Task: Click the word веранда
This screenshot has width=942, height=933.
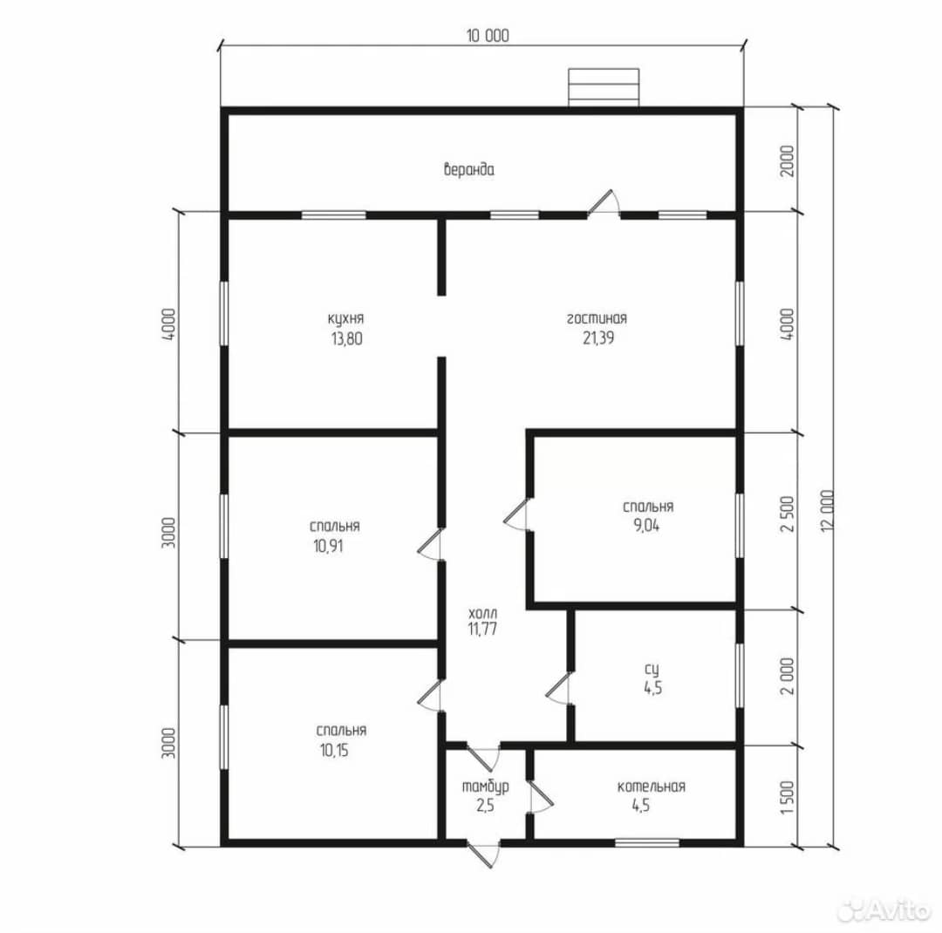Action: [x=469, y=169]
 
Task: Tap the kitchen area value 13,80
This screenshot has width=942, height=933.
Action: [x=346, y=339]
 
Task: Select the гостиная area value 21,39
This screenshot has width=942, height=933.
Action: [x=597, y=337]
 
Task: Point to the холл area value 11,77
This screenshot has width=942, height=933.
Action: [x=482, y=629]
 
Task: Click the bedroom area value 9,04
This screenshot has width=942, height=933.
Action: [x=645, y=526]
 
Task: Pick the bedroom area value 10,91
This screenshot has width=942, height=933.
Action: [x=328, y=546]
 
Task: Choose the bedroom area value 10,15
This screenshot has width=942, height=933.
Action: [x=334, y=751]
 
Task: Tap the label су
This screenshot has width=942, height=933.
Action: [x=652, y=670]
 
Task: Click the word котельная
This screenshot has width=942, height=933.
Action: [x=652, y=787]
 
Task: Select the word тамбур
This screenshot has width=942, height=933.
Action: [x=486, y=787]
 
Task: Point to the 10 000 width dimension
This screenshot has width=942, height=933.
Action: [x=488, y=36]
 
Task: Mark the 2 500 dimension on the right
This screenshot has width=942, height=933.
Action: [x=788, y=514]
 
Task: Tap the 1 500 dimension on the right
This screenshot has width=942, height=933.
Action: [x=788, y=798]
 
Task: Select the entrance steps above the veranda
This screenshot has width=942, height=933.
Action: [x=604, y=88]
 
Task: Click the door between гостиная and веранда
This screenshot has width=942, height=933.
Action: [x=604, y=203]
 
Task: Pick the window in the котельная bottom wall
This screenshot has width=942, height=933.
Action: [x=647, y=843]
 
